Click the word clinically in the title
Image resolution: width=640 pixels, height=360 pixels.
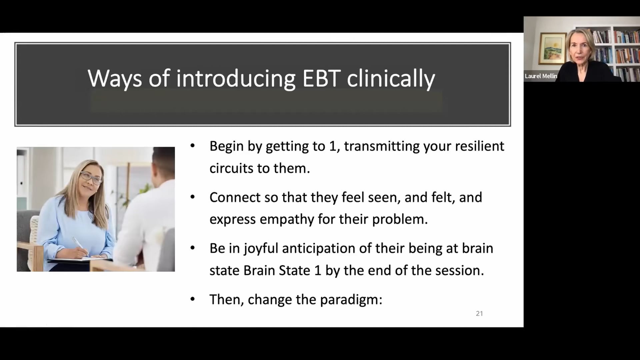(x=391, y=79)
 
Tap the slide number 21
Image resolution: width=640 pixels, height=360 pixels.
(x=479, y=313)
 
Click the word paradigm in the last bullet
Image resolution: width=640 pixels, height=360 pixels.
(x=351, y=299)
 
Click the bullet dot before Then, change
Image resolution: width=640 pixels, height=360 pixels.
(x=192, y=299)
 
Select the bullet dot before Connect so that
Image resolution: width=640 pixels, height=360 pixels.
(x=192, y=197)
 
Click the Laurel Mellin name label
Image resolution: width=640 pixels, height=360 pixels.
(x=541, y=76)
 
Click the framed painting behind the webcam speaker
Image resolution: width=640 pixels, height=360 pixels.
(x=553, y=48)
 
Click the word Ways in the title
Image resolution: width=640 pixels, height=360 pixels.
(x=115, y=79)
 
